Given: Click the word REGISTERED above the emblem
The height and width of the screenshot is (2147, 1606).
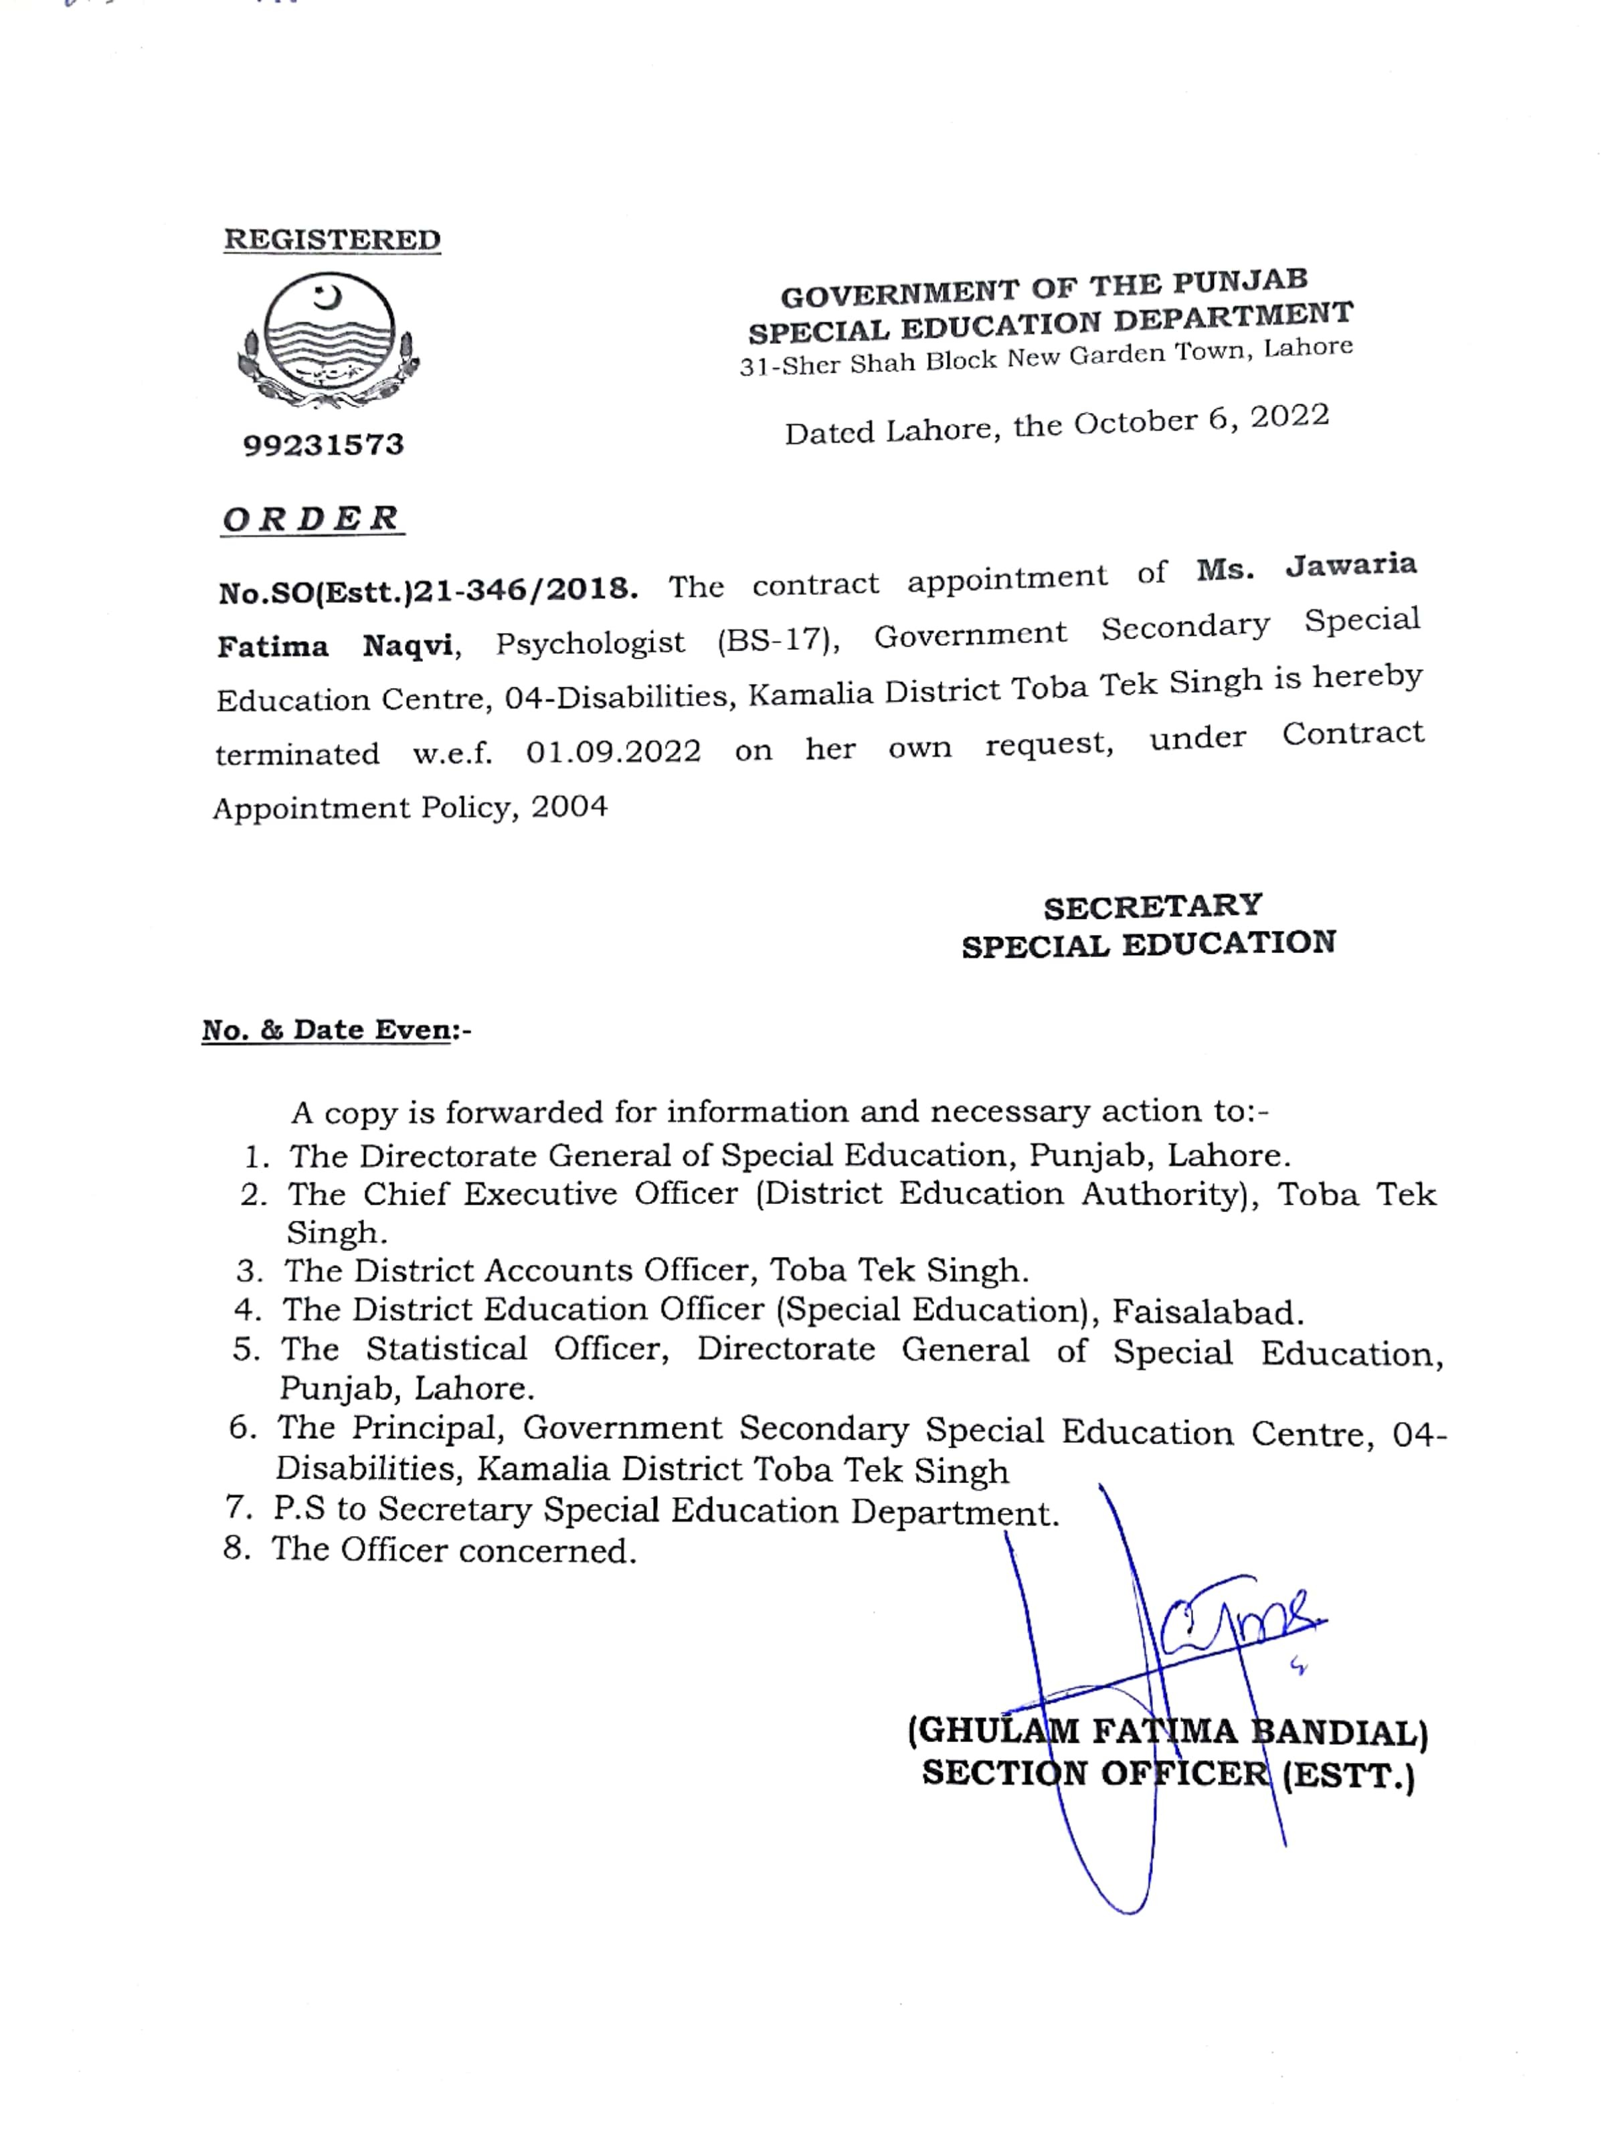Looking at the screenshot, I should click(x=332, y=240).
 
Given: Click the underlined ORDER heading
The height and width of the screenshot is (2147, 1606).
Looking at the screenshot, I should click(x=311, y=519).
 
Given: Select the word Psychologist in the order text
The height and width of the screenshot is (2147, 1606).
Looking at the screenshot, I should click(x=590, y=642).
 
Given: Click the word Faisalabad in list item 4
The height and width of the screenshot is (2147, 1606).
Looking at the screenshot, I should click(x=1207, y=1312).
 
